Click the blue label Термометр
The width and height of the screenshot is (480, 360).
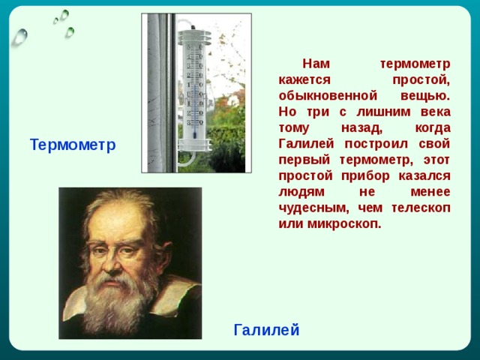pyautogui.click(x=73, y=145)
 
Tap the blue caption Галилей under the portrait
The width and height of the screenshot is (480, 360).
pyautogui.click(x=266, y=329)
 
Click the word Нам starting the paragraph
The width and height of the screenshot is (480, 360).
pyautogui.click(x=314, y=64)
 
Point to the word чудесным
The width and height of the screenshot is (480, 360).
pyautogui.click(x=310, y=208)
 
